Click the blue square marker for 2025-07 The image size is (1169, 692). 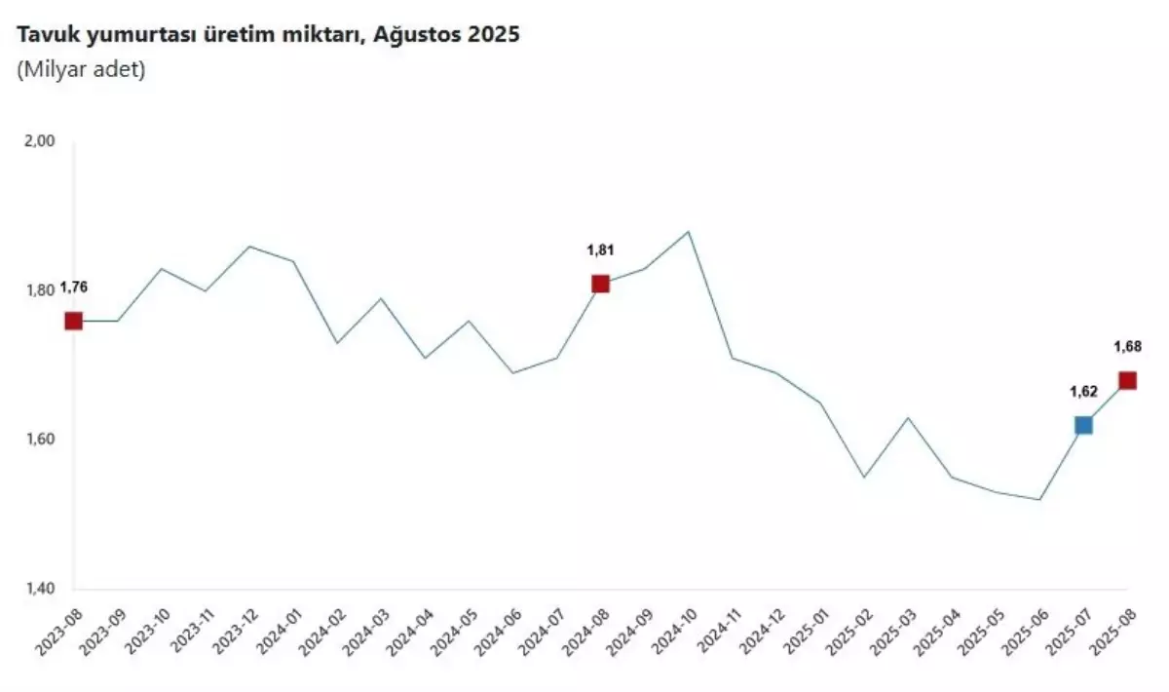coord(1083,425)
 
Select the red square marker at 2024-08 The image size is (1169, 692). coord(600,284)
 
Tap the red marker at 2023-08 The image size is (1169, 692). coord(73,321)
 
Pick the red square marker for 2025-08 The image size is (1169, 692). coord(1127,380)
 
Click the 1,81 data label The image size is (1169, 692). coord(600,250)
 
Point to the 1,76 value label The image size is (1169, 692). coord(73,288)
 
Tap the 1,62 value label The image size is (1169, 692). coord(1083,392)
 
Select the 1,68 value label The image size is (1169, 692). coord(1127,346)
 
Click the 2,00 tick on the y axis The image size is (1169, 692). coord(38,140)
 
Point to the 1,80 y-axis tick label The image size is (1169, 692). coord(38,290)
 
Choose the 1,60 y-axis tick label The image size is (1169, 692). coord(38,440)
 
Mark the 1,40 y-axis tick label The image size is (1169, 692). coord(38,590)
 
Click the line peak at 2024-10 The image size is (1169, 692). coord(689,232)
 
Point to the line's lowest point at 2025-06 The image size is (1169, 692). coord(1039,500)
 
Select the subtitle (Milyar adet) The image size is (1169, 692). coord(80,71)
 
